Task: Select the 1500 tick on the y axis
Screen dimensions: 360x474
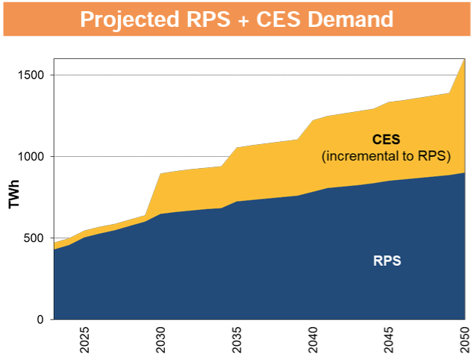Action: pos(33,75)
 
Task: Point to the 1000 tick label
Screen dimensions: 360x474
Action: pos(33,157)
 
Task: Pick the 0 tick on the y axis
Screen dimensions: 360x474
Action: pos(43,320)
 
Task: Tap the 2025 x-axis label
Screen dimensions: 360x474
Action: pos(85,339)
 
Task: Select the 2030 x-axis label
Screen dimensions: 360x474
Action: pos(161,339)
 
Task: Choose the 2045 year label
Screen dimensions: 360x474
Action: pos(390,339)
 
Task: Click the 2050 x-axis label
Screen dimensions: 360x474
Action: pos(465,339)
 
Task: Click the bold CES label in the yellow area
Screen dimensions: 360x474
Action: pos(386,140)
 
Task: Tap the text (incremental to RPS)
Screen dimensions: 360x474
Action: pos(386,156)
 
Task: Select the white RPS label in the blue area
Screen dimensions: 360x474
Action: pos(387,261)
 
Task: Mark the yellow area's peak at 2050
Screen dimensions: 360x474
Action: pos(464,60)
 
